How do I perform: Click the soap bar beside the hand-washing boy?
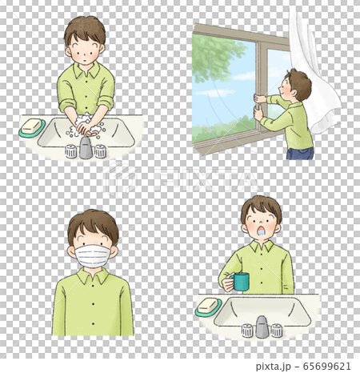pos(32,126)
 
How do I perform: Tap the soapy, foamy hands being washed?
pos(86,126)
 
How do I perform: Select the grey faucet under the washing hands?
pos(86,148)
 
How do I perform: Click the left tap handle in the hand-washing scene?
pos(70,150)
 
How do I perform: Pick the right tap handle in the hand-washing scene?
pos(101,150)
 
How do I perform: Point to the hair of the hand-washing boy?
pos(85,29)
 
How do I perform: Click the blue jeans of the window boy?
pos(300,153)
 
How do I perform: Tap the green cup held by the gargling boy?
pos(239,282)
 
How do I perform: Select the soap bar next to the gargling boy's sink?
pos(209,306)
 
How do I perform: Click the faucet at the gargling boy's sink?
pos(262,327)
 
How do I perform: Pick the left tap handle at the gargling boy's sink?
pos(247,329)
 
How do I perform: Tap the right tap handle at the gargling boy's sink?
pos(277,329)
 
